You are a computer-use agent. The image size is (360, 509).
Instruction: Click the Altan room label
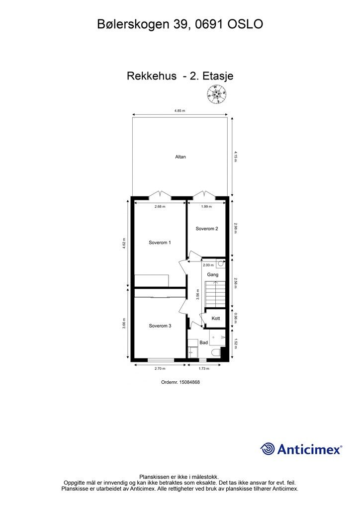pos(180,157)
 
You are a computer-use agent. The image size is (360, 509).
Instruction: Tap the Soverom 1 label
pos(160,243)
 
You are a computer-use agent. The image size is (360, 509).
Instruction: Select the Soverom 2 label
pos(207,229)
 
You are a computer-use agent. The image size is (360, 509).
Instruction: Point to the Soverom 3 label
pos(160,326)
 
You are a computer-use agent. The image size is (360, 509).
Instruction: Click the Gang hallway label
pos(213,274)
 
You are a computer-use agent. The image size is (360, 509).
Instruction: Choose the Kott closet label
pos(216,318)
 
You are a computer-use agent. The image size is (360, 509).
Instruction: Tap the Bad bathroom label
pos(203,342)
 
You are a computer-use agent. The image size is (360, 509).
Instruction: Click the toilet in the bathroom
pos(216,352)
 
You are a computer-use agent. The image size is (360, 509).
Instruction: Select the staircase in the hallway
pos(214,294)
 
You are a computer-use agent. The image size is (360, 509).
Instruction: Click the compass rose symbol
pos(216,94)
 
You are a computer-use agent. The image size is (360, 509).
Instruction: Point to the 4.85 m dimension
pos(180,111)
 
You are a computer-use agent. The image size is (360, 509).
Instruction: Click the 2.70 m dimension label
pos(160,368)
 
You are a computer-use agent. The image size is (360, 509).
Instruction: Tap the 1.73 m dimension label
pos(204,368)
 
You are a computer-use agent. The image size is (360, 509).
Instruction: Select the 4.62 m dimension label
pos(124,244)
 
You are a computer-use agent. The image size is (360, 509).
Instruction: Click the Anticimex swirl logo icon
pos(268,449)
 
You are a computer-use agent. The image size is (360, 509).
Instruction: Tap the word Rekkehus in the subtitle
pos(152,76)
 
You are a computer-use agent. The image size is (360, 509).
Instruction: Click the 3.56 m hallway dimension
pos(198,294)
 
